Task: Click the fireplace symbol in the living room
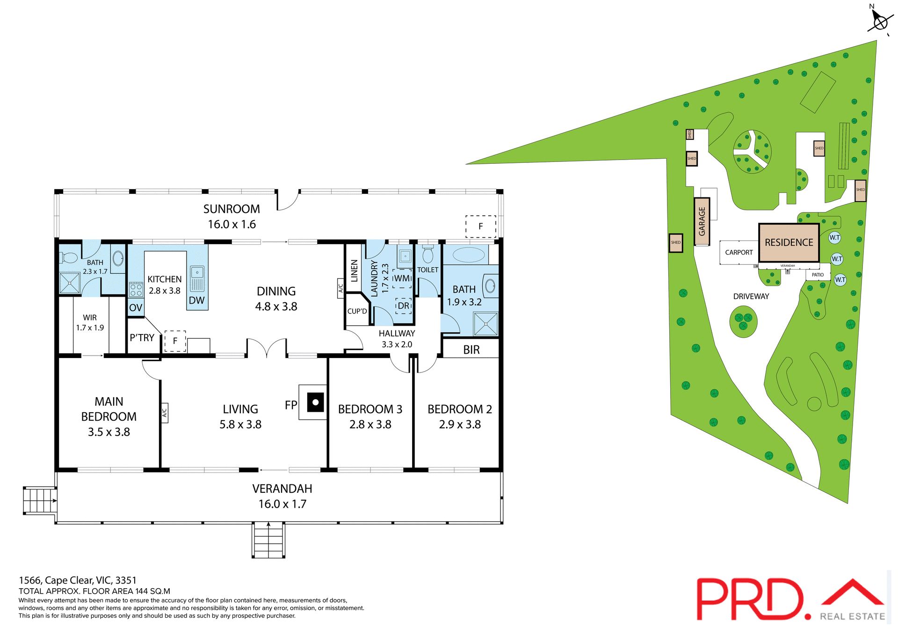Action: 315,402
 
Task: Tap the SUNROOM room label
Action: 232,209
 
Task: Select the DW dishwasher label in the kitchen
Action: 196,300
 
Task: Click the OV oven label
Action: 136,308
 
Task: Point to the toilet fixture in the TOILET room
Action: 427,255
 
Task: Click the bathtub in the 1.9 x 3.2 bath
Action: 469,255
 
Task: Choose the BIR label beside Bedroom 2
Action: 471,350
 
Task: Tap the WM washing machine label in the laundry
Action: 401,278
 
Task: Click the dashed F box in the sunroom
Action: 480,226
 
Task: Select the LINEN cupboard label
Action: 354,271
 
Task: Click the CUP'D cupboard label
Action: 357,311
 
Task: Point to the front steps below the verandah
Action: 268,540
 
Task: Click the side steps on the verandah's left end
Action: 40,500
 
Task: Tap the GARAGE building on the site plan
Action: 702,221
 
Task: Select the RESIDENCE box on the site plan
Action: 789,242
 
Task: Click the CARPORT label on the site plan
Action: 739,253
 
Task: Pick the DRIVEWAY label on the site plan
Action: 751,297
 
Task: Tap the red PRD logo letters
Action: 750,599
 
